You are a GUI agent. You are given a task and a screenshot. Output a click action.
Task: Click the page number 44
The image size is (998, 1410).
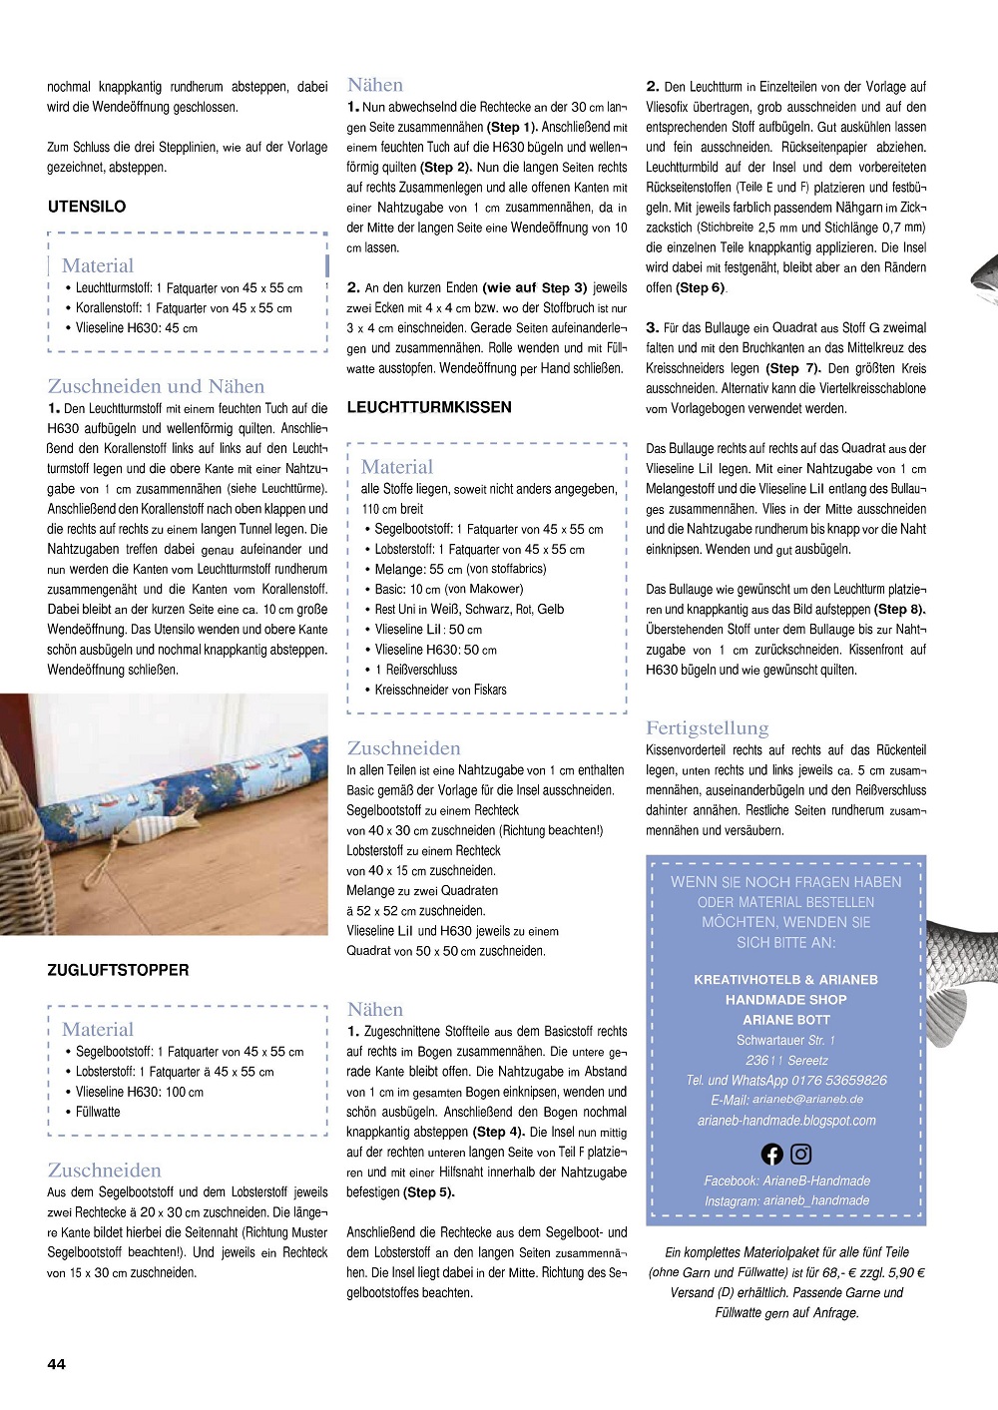click(56, 1363)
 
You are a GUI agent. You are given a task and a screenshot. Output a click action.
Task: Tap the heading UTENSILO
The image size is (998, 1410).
click(87, 207)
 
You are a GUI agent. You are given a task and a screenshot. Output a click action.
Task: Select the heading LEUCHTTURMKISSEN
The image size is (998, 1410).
click(429, 407)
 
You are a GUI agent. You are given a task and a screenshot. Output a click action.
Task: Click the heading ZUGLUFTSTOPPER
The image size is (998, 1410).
click(118, 970)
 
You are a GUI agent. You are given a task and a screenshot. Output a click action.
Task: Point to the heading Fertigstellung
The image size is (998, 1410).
click(707, 728)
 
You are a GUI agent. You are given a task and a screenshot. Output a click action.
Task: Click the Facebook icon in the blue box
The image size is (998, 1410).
click(771, 1155)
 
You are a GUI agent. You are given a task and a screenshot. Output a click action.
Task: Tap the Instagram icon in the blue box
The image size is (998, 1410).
click(801, 1155)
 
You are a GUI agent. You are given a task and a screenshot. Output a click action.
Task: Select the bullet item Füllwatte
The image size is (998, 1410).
click(98, 1112)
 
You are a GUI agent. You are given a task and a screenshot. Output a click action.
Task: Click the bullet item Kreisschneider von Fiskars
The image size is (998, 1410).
click(440, 690)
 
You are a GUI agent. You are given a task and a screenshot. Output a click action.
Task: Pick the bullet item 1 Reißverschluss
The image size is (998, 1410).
click(416, 670)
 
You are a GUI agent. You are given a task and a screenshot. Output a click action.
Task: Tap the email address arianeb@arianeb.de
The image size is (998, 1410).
click(807, 1100)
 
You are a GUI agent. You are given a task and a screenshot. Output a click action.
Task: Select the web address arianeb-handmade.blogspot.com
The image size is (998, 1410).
click(786, 1121)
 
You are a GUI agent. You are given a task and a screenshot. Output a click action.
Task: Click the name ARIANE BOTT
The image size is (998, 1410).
click(786, 1020)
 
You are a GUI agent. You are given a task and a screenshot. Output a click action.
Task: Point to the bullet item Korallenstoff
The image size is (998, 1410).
click(184, 308)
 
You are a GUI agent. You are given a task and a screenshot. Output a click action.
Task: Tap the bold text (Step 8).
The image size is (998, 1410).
click(899, 610)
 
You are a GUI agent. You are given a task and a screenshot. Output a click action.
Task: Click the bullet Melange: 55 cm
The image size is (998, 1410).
click(460, 569)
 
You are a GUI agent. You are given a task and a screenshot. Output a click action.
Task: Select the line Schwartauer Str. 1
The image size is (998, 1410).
click(786, 1040)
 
